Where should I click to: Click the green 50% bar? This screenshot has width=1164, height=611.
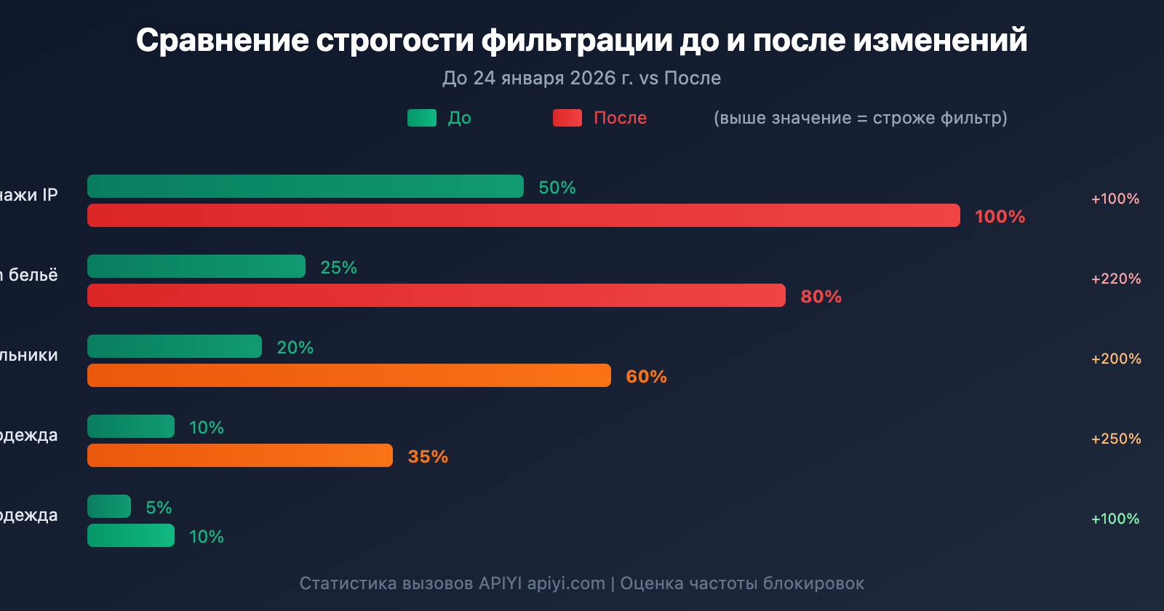click(306, 186)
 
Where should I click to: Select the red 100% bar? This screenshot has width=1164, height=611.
click(524, 215)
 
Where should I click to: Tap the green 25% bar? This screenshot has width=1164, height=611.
click(196, 266)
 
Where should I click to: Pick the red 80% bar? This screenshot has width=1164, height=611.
click(436, 295)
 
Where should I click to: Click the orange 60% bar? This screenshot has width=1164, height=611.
click(349, 375)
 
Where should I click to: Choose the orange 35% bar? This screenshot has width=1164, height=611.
click(240, 455)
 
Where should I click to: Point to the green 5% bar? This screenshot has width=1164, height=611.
click(109, 506)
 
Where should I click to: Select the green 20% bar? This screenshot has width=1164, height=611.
click(175, 346)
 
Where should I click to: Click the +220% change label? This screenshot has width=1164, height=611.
click(1116, 279)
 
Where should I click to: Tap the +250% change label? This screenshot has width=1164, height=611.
click(1116, 439)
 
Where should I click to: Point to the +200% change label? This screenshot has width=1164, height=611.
click(1116, 359)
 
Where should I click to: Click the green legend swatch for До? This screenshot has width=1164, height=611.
click(422, 118)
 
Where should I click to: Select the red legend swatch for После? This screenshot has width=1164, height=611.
click(567, 118)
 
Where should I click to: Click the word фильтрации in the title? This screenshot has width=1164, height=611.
click(578, 41)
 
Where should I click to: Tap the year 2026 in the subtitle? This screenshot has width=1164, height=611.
click(593, 78)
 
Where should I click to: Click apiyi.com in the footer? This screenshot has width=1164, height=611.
click(566, 583)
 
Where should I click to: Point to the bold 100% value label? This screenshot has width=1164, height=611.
click(1000, 216)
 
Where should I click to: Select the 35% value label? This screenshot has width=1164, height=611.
click(428, 456)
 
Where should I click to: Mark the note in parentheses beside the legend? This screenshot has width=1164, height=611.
click(861, 118)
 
